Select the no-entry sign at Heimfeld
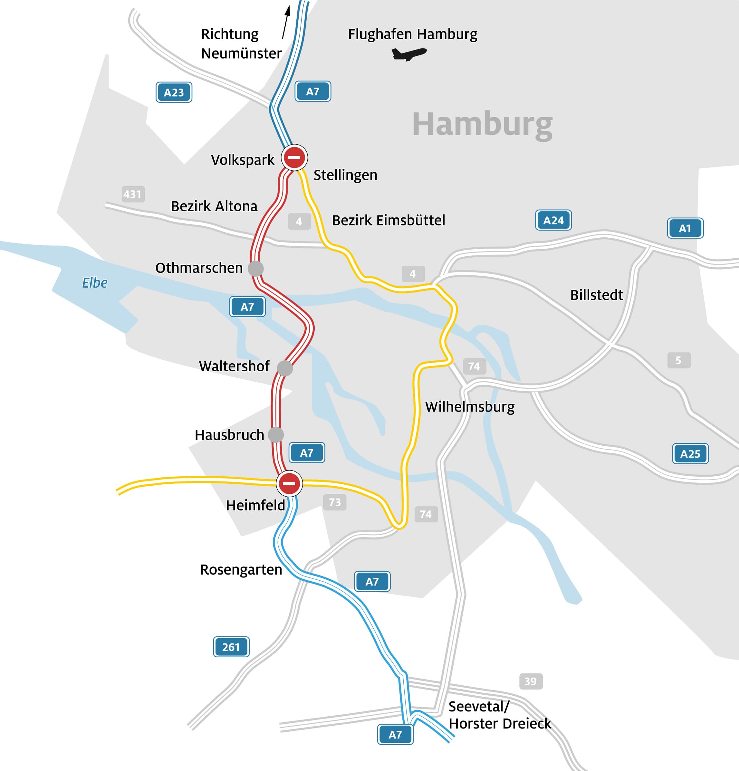pyautogui.click(x=289, y=483)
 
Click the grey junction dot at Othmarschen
pyautogui.click(x=256, y=269)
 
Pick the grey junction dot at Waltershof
pyautogui.click(x=285, y=368)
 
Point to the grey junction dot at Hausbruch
pyautogui.click(x=276, y=435)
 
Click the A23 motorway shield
pyautogui.click(x=174, y=92)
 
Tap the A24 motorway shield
pyautogui.click(x=553, y=220)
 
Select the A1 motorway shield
pyautogui.click(x=685, y=228)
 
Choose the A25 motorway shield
pyautogui.click(x=690, y=453)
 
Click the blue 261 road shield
pyautogui.click(x=231, y=647)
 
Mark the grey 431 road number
pyautogui.click(x=133, y=194)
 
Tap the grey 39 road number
pyautogui.click(x=531, y=681)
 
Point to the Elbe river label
pyautogui.click(x=94, y=282)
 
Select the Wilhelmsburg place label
pyautogui.click(x=470, y=407)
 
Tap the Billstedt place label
pyautogui.click(x=596, y=295)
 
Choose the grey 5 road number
pyautogui.click(x=678, y=360)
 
